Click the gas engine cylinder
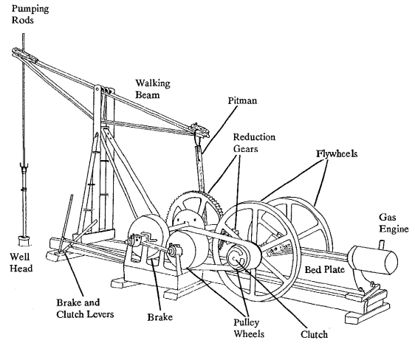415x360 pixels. point(372,260)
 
